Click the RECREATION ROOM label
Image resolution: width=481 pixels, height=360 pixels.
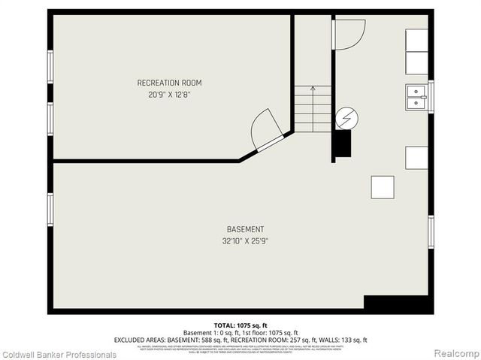point(169,83)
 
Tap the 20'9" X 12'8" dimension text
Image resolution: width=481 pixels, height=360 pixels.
point(169,95)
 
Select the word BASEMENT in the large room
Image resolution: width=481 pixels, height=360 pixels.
point(245,229)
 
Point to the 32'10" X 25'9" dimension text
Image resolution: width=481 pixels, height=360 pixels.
point(245,241)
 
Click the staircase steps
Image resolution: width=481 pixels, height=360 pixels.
point(312,110)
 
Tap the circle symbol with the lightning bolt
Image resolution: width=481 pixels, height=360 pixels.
point(346,117)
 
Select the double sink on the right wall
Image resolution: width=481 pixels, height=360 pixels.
point(416,97)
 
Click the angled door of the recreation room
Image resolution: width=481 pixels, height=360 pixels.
point(267,130)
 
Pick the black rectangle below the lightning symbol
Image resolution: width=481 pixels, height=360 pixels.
point(342,144)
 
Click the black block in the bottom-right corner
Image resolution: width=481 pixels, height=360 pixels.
point(398,303)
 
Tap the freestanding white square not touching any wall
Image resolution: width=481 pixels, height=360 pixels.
point(382,186)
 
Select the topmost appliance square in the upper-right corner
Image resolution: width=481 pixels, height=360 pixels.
point(416,40)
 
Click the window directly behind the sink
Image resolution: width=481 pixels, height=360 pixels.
point(431,96)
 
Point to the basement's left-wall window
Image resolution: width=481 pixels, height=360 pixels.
point(50,214)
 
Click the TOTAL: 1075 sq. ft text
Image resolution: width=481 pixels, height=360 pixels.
point(240,325)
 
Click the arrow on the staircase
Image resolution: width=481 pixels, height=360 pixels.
point(312,93)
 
